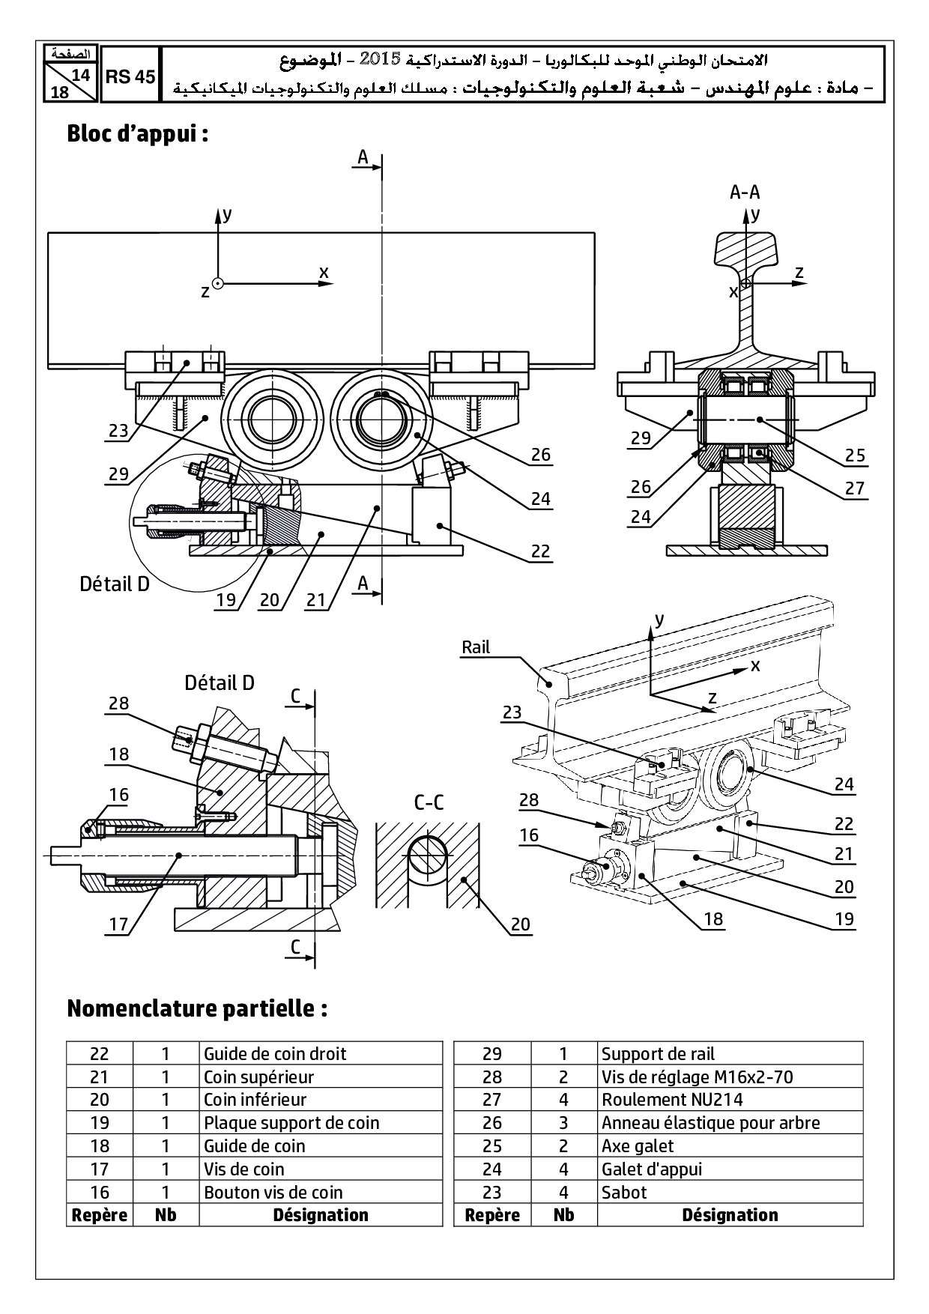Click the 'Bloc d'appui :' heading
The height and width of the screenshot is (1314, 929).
coord(137,134)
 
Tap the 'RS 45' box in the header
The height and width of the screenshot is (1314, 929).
coord(130,76)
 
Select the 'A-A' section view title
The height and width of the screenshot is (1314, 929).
coord(745,193)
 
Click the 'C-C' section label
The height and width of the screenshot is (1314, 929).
coord(429,802)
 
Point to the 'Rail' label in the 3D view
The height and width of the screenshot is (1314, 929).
coord(476,647)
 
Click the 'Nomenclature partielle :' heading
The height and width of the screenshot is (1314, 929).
coord(197,1008)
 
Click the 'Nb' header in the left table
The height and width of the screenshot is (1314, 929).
coord(166,1214)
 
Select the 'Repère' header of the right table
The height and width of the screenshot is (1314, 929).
coord(492,1214)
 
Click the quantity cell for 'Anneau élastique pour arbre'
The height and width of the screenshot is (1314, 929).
coord(563,1123)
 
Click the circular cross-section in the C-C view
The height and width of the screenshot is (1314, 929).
coord(429,853)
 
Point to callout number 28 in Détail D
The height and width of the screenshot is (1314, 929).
coord(118,703)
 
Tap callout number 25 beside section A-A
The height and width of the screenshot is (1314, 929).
coord(855,455)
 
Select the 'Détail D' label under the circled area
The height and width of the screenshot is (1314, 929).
coord(115,584)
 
